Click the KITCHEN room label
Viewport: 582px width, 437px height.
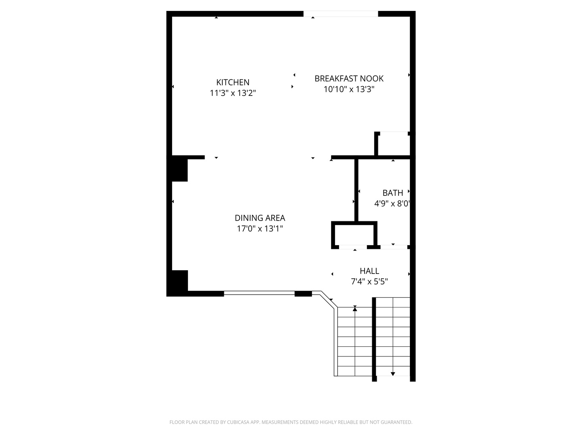(x=233, y=82)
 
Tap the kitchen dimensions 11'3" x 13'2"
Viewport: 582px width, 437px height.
(x=233, y=93)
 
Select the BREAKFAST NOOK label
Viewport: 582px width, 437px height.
(x=349, y=78)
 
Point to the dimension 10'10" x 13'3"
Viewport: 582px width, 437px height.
(x=349, y=89)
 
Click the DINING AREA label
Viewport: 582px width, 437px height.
(x=260, y=218)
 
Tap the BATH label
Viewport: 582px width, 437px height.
(x=392, y=193)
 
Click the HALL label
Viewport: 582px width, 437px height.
(x=369, y=271)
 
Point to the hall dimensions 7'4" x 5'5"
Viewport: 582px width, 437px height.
(x=369, y=282)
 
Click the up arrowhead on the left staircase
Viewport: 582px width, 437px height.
(x=355, y=309)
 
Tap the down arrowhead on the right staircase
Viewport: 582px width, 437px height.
(x=393, y=374)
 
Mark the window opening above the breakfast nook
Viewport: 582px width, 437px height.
(x=341, y=14)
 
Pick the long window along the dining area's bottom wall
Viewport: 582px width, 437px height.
(x=259, y=293)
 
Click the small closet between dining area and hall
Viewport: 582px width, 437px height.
(x=354, y=234)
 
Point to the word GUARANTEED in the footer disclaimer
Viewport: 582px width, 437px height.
(x=397, y=422)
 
